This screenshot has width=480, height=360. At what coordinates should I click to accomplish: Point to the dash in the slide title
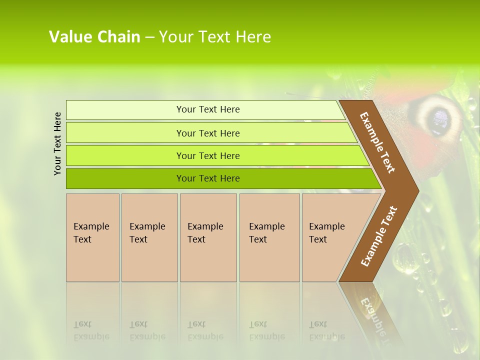tap(149, 37)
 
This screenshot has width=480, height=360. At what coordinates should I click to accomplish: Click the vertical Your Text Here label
tap(57, 143)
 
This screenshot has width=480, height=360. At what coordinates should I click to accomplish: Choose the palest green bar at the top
tap(207, 109)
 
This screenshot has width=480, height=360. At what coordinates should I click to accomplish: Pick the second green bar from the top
tap(207, 133)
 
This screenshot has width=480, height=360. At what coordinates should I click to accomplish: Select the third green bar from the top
tap(207, 155)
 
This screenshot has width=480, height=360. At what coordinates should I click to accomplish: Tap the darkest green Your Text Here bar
tap(207, 178)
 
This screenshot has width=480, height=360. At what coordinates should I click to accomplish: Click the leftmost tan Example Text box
tap(92, 237)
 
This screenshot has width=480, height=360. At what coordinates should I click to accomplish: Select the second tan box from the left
tap(149, 237)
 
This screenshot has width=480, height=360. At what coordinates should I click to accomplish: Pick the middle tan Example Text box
tap(208, 237)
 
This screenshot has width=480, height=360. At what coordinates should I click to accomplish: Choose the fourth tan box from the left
tap(269, 237)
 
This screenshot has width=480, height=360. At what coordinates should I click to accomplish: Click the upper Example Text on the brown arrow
tap(377, 142)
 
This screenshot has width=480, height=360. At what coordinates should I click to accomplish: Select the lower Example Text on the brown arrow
tap(379, 236)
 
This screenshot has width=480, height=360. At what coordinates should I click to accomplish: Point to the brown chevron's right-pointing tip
tap(417, 190)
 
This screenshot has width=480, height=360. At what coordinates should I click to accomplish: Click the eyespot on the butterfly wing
tap(440, 118)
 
